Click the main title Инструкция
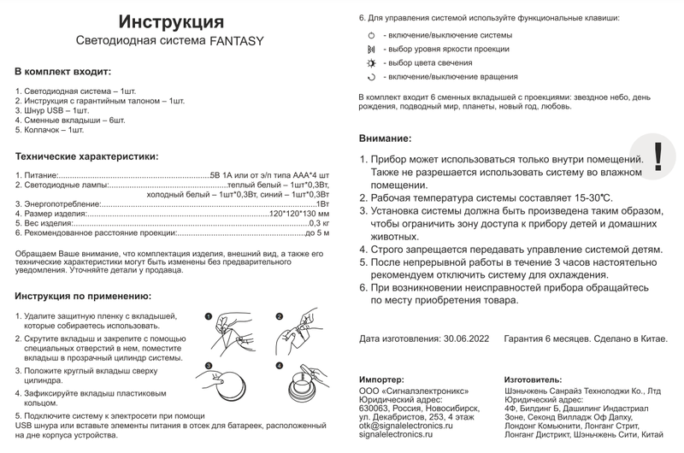pyautogui.click(x=171, y=21)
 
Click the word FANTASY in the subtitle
pyautogui.click(x=237, y=40)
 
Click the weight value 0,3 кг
pyautogui.click(x=318, y=222)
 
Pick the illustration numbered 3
pyautogui.click(x=225, y=381)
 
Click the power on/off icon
pyautogui.click(x=371, y=36)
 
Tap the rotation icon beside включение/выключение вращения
pyautogui.click(x=371, y=77)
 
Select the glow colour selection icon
pyautogui.click(x=371, y=63)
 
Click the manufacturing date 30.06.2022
pyautogui.click(x=467, y=338)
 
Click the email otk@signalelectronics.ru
pyautogui.click(x=404, y=425)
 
